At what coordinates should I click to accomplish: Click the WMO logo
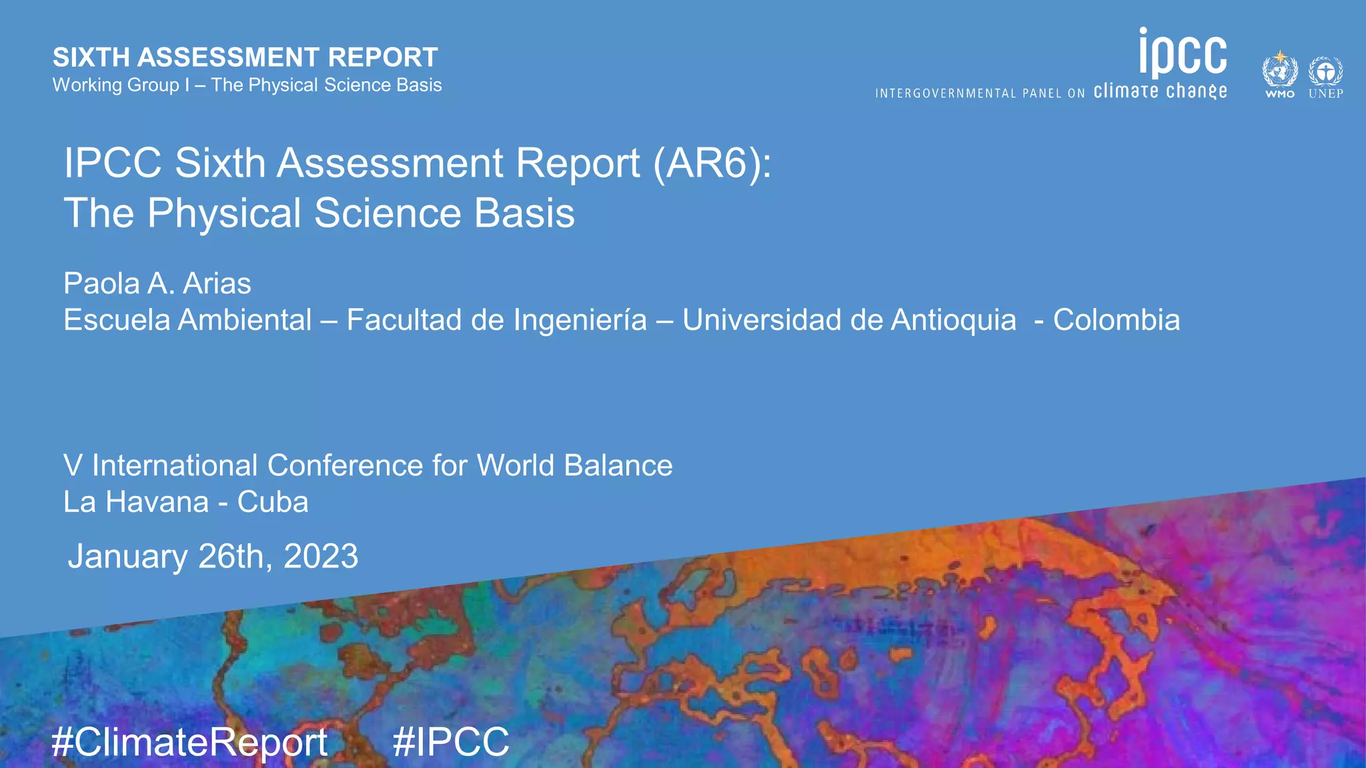point(1279,75)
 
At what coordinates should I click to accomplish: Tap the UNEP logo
point(1325,77)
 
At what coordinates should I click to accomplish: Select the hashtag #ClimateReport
point(189,742)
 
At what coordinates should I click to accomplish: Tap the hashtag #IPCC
point(451,742)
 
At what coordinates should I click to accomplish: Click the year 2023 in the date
point(321,556)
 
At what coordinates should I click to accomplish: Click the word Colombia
point(1116,320)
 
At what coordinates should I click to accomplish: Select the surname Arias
point(217,284)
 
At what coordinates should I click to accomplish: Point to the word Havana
point(157,502)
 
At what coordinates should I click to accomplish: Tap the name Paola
point(101,284)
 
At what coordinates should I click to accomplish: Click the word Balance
point(618,465)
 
